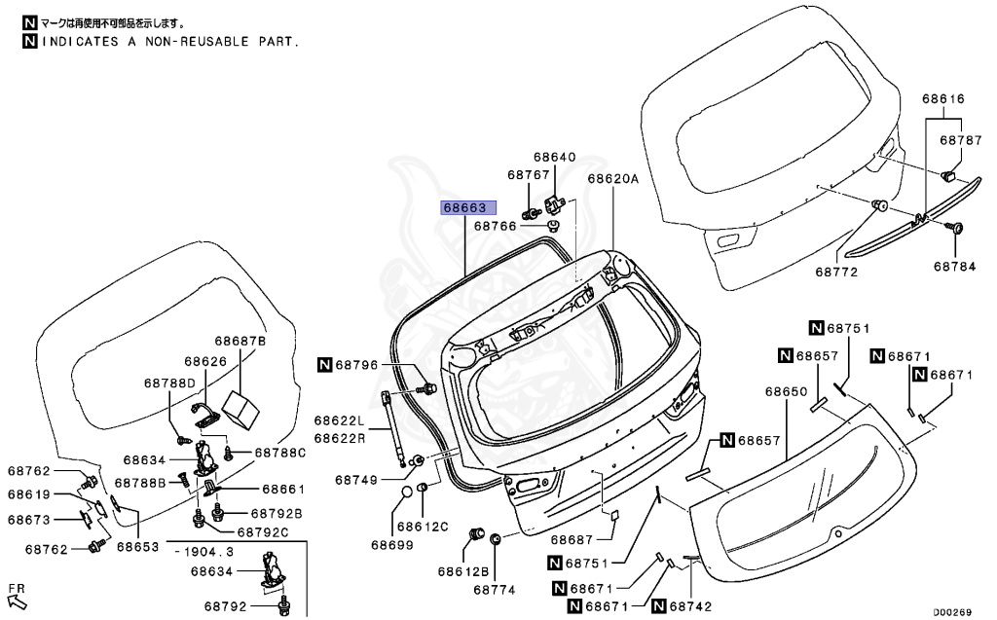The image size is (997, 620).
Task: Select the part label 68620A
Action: [x=612, y=179]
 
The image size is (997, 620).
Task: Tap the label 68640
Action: [x=554, y=157]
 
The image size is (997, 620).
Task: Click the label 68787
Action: [x=960, y=140]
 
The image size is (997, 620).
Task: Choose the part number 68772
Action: [x=836, y=272]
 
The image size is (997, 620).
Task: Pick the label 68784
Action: [x=954, y=266]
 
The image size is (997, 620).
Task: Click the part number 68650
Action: [x=786, y=391]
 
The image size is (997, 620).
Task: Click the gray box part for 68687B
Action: [x=240, y=408]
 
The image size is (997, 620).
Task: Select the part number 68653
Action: [x=137, y=547]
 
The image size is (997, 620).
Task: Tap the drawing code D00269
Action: [x=953, y=612]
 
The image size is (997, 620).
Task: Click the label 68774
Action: [x=495, y=589]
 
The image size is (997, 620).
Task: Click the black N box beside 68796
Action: [x=324, y=365]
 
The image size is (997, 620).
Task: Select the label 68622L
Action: [x=339, y=421]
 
